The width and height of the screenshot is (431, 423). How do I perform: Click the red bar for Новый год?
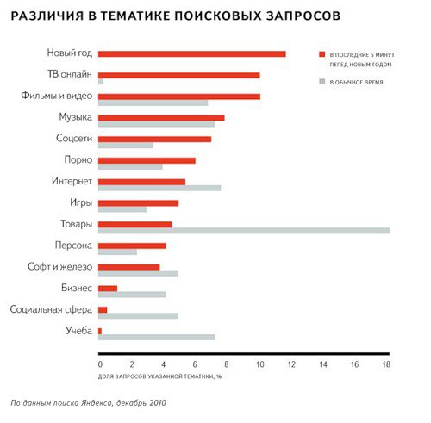point(192,54)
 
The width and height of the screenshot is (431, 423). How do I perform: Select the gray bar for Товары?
point(244,231)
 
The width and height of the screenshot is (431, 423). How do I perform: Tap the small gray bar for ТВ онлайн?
point(101,82)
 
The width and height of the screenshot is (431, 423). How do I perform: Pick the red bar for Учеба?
point(100,331)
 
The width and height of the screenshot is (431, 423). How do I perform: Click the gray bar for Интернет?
point(159,188)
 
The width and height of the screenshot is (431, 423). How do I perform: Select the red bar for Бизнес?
point(108,289)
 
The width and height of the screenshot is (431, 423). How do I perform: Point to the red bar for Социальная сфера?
point(103,310)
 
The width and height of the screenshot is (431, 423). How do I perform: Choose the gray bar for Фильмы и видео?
point(153,103)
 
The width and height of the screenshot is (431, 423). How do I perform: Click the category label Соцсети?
point(74,138)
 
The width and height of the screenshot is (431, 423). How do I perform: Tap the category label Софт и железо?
point(60,266)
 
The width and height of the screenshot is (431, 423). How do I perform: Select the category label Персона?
point(73,246)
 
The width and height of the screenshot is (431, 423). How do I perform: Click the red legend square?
point(322,54)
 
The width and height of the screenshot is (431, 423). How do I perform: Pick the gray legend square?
point(322,82)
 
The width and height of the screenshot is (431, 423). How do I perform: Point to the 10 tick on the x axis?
point(259,364)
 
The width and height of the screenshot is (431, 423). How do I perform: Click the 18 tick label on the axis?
point(386,364)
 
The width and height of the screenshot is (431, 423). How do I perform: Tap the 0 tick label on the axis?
point(100,364)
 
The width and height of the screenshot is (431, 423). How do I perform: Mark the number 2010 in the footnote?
point(157,402)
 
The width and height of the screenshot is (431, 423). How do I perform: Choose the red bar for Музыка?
point(161,118)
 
